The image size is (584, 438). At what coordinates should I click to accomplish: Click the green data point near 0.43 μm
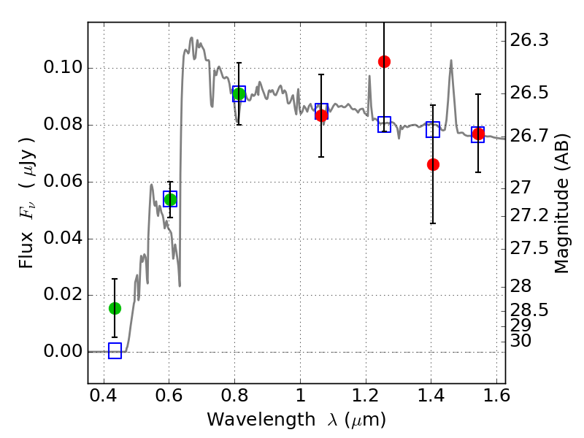tap(115, 308)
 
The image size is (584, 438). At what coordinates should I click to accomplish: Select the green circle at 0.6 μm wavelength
tap(170, 199)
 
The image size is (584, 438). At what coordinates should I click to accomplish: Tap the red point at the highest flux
tap(385, 62)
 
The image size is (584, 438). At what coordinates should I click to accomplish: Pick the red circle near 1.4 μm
tap(433, 164)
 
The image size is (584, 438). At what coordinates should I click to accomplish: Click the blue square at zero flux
tap(115, 351)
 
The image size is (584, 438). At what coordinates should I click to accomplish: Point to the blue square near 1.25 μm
tap(385, 124)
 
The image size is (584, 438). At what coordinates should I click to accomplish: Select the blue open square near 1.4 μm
tap(433, 130)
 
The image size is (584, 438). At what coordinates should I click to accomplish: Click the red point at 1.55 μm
tap(478, 134)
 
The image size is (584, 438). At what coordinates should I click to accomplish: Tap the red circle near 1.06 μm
tap(321, 115)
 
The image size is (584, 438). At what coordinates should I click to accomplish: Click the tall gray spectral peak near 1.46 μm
tap(451, 61)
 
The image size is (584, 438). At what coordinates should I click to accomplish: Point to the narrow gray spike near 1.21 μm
tap(369, 77)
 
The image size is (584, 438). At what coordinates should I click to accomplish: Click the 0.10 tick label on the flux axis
tap(63, 68)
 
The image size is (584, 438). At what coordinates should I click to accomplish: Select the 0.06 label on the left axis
tap(63, 181)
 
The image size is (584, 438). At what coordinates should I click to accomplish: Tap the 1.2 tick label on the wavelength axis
tap(366, 396)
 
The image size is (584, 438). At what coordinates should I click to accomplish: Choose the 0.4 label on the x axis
tap(104, 396)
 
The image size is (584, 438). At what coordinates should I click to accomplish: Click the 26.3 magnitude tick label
tap(529, 40)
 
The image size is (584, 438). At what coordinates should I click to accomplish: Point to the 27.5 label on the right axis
tap(529, 248)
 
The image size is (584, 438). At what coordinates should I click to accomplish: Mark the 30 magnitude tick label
tap(520, 341)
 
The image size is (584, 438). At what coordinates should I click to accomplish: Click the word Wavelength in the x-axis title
tap(261, 420)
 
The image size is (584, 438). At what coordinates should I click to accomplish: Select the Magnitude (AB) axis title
tap(561, 204)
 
